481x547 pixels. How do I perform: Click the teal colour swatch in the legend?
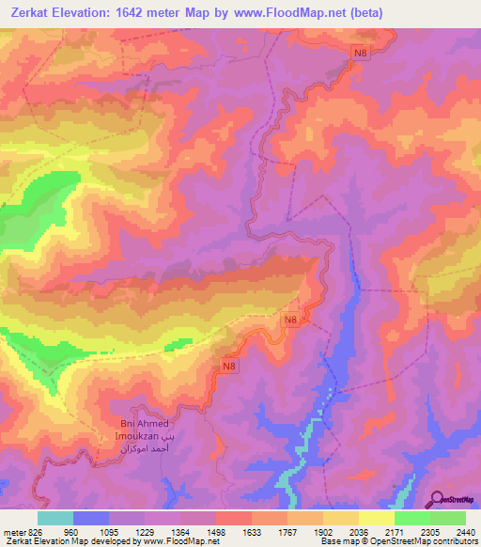pyautogui.click(x=55, y=518)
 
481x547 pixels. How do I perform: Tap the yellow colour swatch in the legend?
pyautogui.click(x=376, y=518)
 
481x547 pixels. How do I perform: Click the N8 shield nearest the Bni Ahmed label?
pyautogui.click(x=230, y=365)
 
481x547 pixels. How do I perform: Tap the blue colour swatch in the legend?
pyautogui.click(x=91, y=518)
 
